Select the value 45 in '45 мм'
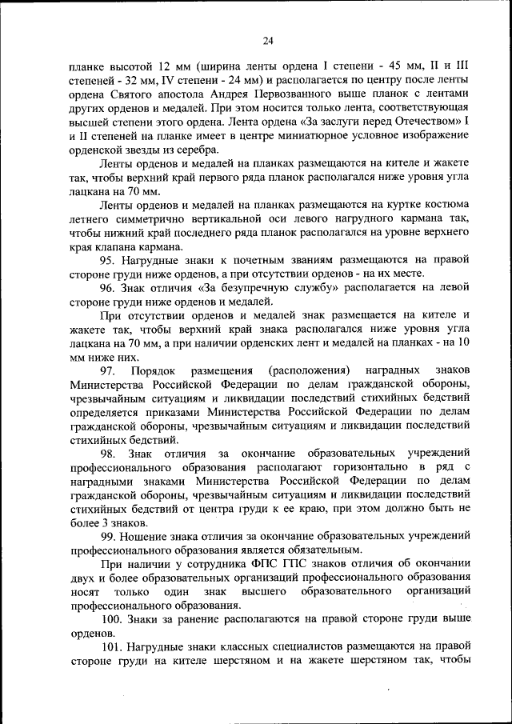point(370,66)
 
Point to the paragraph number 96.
point(109,288)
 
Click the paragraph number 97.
point(108,371)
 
